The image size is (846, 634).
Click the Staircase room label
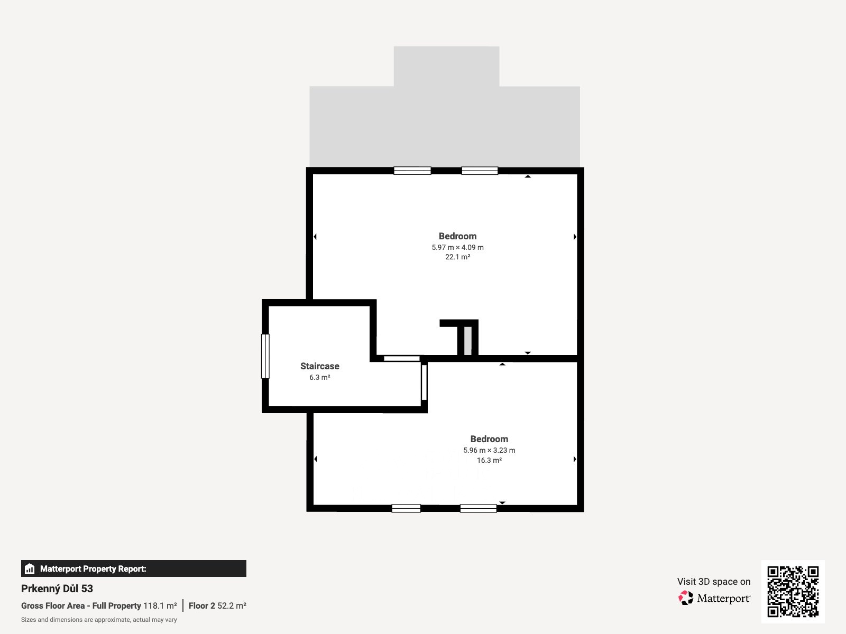tap(319, 366)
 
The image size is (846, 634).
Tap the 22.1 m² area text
tap(457, 257)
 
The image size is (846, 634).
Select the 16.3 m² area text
tap(489, 460)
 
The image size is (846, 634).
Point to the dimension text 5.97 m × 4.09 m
tap(457, 247)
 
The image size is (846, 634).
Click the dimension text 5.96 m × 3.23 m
tap(489, 450)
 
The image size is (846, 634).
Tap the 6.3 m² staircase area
tap(319, 378)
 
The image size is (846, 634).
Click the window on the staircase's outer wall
tap(265, 356)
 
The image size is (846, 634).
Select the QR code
tap(793, 592)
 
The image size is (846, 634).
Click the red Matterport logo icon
tap(686, 598)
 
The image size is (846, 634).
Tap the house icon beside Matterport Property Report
tap(30, 568)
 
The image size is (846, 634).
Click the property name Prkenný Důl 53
tap(57, 589)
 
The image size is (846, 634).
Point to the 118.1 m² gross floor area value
tap(160, 606)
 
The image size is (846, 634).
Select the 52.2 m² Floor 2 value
tap(232, 606)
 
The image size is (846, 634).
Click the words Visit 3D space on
tap(714, 582)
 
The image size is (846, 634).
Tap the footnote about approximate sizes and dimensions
tap(99, 620)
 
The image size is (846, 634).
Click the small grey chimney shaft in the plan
tap(467, 341)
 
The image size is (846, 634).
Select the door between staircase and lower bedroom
tap(424, 382)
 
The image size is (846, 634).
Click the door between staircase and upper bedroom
tap(402, 358)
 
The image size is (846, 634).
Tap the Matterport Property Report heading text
tap(93, 568)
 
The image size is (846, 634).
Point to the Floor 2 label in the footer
tap(201, 606)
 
